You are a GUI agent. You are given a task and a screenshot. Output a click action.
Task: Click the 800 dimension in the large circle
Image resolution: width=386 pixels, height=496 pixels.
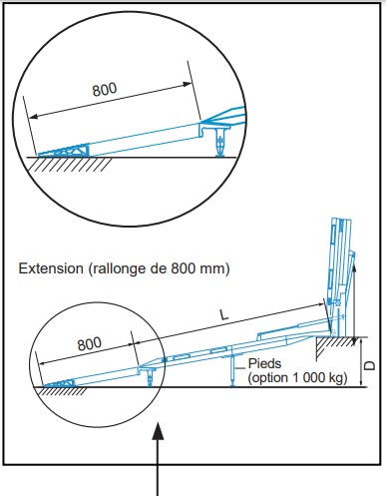(105, 89)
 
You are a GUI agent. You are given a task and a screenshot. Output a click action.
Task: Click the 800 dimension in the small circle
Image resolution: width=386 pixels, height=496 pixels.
(90, 343)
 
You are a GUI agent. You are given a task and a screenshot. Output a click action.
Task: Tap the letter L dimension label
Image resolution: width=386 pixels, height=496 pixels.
(224, 314)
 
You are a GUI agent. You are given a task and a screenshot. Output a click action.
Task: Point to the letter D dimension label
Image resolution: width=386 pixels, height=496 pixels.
(370, 365)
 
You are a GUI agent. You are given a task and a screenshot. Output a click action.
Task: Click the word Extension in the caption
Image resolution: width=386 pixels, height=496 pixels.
(51, 268)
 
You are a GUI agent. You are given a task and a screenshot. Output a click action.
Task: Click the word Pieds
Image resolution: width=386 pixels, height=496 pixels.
(264, 363)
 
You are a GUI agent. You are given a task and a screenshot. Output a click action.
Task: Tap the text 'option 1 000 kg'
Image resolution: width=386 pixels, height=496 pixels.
(298, 378)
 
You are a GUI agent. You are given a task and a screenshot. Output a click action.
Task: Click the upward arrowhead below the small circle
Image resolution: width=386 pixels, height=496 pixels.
(158, 430)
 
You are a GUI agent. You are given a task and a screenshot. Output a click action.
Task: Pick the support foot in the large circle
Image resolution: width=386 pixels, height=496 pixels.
(219, 142)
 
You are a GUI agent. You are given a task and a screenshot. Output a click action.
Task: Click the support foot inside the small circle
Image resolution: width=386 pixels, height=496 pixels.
(151, 377)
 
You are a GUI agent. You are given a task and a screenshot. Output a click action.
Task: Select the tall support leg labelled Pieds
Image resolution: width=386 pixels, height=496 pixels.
(232, 370)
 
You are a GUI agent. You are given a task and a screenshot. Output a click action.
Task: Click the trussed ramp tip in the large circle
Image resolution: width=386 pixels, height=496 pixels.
(64, 151)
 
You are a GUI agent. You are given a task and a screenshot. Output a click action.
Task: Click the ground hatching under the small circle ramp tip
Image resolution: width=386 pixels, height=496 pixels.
(61, 391)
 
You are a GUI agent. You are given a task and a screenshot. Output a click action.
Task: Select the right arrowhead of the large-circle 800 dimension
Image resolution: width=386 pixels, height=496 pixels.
(189, 84)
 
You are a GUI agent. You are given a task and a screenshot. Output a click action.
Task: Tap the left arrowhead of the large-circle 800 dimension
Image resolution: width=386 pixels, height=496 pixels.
(33, 117)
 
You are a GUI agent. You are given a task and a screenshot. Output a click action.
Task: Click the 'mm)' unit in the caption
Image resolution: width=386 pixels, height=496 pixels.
(216, 268)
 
